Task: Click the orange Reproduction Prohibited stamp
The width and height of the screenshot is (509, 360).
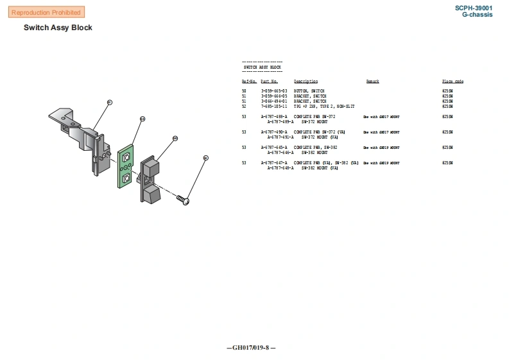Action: click(x=46, y=12)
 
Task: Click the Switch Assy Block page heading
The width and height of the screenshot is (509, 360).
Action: click(x=58, y=28)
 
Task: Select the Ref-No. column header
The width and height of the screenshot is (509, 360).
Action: click(x=249, y=81)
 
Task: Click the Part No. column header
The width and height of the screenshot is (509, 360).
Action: click(x=269, y=81)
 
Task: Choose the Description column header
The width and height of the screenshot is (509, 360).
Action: click(x=306, y=81)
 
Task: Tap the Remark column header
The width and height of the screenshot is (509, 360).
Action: click(x=372, y=81)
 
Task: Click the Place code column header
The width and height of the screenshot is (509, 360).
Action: click(x=452, y=81)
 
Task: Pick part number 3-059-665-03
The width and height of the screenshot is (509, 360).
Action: click(x=273, y=92)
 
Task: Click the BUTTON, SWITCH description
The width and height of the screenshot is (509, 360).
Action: click(x=309, y=92)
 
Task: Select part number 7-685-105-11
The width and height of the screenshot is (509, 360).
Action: click(x=273, y=106)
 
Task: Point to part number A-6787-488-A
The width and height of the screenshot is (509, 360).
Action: click(x=273, y=117)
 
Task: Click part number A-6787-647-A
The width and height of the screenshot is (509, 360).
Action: click(x=273, y=163)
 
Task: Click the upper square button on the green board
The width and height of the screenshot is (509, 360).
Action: click(x=126, y=157)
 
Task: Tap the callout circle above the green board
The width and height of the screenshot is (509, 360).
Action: click(x=142, y=119)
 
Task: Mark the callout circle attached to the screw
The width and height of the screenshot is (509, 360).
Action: click(x=205, y=157)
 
